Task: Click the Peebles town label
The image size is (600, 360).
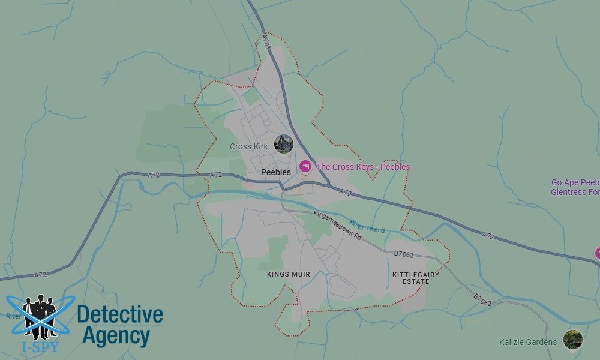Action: pyautogui.click(x=276, y=172)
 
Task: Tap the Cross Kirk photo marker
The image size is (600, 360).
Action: pyautogui.click(x=283, y=144)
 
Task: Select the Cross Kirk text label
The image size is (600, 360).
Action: pyautogui.click(x=249, y=146)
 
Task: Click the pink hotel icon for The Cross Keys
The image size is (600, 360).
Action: pyautogui.click(x=305, y=166)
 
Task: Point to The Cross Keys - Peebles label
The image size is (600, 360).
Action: pyautogui.click(x=363, y=167)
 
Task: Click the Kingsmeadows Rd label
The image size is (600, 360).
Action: pyautogui.click(x=338, y=224)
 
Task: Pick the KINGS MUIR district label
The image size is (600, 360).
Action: pyautogui.click(x=289, y=274)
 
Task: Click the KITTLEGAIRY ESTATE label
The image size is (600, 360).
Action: pyautogui.click(x=416, y=278)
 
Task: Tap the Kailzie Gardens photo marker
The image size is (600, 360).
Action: pyautogui.click(x=572, y=339)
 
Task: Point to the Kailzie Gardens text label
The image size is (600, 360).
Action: pyautogui.click(x=528, y=343)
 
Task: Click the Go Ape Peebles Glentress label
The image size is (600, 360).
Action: pyautogui.click(x=575, y=187)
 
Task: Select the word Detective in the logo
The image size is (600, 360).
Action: pyautogui.click(x=120, y=314)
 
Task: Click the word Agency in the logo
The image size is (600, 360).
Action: pyautogui.click(x=116, y=336)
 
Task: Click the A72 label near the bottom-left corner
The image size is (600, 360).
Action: pyautogui.click(x=40, y=275)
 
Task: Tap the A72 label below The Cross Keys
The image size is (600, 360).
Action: pyautogui.click(x=346, y=193)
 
